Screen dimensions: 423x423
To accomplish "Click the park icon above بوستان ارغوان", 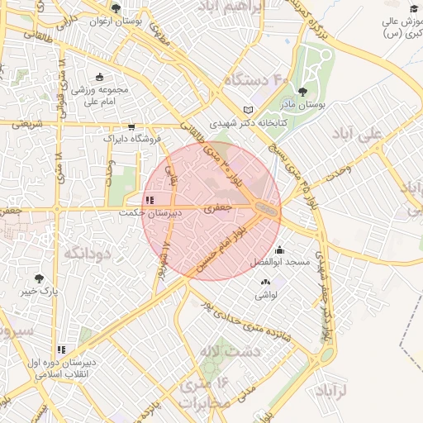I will (x=115, y=9).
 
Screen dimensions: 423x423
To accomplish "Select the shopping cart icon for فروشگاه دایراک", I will (x=131, y=127).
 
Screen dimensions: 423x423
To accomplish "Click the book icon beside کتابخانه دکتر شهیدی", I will (x=250, y=111).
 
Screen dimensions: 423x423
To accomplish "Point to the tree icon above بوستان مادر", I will (x=304, y=93).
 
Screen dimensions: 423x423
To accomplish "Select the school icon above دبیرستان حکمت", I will (x=149, y=200).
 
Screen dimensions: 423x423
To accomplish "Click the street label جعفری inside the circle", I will (x=212, y=210).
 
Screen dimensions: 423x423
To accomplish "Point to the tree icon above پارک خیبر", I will (x=38, y=279).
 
